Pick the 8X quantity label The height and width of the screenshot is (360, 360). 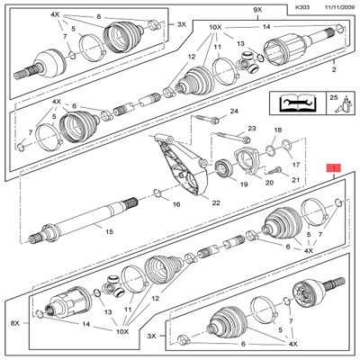click(x=13, y=322)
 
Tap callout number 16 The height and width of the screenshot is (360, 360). click(x=175, y=205)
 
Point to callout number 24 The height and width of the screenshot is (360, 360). click(x=234, y=111)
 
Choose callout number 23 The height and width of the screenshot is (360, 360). click(x=252, y=130)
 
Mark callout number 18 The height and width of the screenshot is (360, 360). click(x=277, y=131)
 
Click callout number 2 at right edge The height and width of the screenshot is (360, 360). click(x=335, y=69)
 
